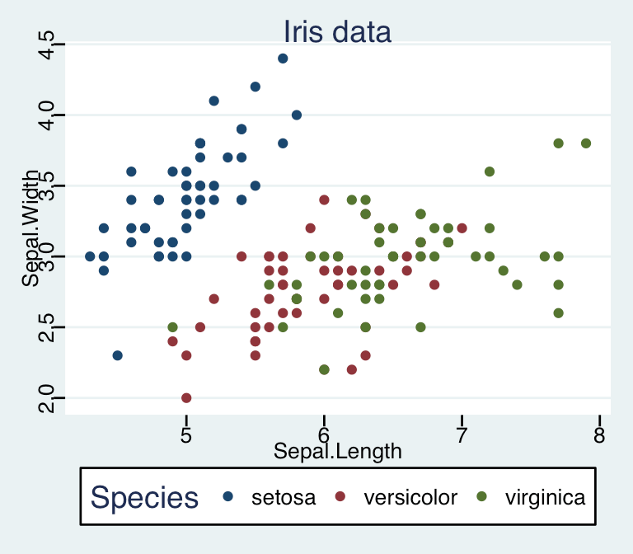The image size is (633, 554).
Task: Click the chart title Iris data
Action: [337, 32]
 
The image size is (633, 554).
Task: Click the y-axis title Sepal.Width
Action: [30, 228]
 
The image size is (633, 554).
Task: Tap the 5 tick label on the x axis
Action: [186, 434]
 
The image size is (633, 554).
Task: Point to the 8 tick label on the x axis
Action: [599, 434]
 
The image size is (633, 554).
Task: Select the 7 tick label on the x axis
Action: [462, 434]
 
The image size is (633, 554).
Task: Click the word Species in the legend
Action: [144, 497]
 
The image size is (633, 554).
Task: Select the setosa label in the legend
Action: [284, 497]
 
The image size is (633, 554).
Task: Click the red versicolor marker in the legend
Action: [339, 497]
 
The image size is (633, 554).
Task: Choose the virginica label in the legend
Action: [545, 497]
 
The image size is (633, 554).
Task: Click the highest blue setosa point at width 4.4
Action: [283, 59]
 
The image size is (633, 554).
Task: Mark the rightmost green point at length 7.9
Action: [586, 143]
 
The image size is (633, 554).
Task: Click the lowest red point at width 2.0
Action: [186, 397]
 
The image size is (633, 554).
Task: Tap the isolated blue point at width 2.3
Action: [117, 355]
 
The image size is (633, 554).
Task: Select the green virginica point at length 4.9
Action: [172, 327]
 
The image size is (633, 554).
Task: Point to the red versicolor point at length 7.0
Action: [462, 228]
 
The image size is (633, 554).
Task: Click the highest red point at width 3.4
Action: [324, 200]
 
